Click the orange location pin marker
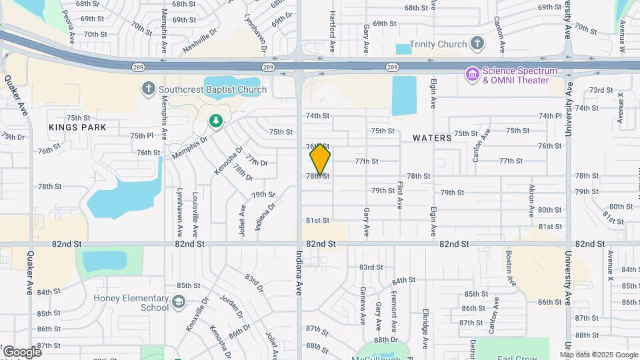point(320,159)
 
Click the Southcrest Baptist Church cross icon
point(148,89)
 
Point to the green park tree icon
point(215,121)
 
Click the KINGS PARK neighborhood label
point(77,127)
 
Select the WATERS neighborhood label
point(432,138)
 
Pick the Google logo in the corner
point(21,351)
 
